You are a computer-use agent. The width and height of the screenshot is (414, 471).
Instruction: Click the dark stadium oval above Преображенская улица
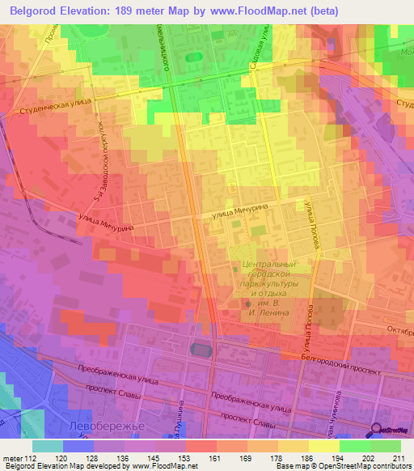pos(199,349)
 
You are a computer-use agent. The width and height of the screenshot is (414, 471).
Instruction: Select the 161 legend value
pos(216,457)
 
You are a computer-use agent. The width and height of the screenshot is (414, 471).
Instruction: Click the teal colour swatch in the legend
pos(48,446)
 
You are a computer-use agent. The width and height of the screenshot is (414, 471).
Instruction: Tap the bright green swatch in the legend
pos(384,446)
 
